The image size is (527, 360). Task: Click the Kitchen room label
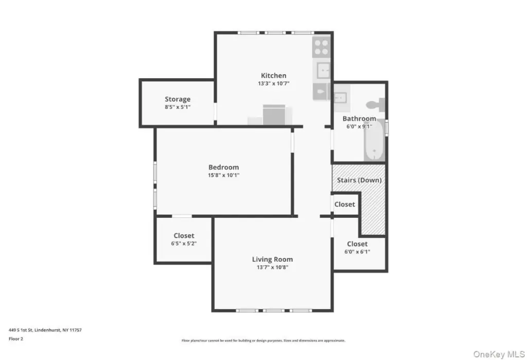[x=274, y=76]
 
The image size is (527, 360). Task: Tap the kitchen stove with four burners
[x=321, y=47]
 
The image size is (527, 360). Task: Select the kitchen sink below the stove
[x=322, y=71]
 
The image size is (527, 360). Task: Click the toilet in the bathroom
[x=376, y=105]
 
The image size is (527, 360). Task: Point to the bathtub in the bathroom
[x=375, y=141]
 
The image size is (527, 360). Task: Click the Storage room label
[x=178, y=99]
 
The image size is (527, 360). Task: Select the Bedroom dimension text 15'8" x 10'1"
[x=223, y=175]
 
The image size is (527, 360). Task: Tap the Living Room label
[x=272, y=260]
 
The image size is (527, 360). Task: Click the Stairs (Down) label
[x=359, y=180]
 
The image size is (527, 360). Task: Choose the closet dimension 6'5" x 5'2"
[x=184, y=243]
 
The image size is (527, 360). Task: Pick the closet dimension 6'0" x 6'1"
[x=357, y=252]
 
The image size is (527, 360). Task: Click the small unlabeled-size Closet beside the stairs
[x=344, y=204]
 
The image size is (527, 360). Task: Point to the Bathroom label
[x=359, y=118]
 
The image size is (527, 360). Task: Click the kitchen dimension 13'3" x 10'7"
[x=274, y=83]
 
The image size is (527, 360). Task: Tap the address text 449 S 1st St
[x=21, y=330]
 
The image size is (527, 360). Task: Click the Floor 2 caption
[x=16, y=339]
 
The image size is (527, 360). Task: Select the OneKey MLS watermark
[x=499, y=354]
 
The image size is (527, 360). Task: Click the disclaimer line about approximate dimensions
[x=263, y=340]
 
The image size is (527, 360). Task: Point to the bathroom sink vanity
[x=342, y=98]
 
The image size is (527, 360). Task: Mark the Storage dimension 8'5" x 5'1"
[x=178, y=107]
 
